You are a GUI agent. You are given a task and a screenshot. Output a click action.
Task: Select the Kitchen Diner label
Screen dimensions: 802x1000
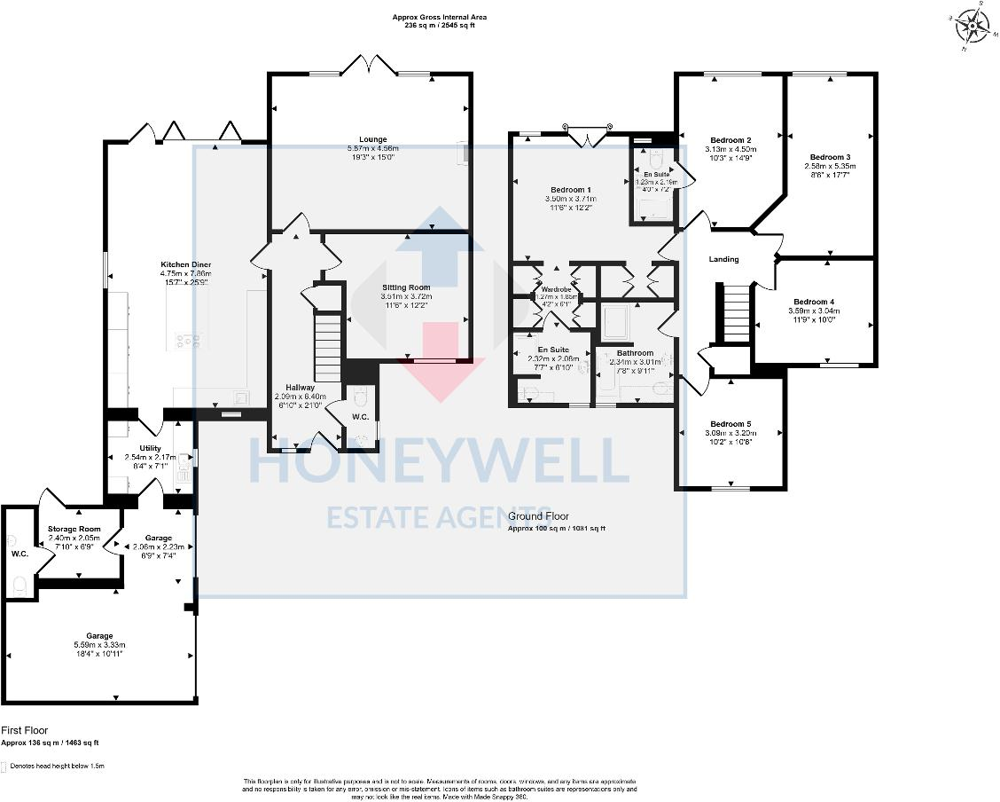(x=185, y=264)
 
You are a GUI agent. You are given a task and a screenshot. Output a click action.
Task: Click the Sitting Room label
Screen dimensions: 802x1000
(x=406, y=287)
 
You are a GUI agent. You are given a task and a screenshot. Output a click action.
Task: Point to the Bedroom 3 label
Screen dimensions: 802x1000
(x=830, y=156)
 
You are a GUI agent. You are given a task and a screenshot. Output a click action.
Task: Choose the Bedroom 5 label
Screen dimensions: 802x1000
(x=730, y=423)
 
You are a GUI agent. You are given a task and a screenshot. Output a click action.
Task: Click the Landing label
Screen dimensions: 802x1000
(x=724, y=259)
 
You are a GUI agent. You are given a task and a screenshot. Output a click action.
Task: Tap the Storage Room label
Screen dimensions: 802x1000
(x=74, y=529)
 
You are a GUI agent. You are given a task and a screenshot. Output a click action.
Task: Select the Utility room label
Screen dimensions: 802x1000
(x=150, y=448)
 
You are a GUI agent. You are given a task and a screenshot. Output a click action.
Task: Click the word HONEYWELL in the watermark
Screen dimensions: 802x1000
(x=438, y=460)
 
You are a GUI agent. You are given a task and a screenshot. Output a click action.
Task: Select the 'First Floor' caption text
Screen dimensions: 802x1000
(x=25, y=730)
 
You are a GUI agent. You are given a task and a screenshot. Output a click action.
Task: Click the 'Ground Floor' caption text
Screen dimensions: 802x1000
(x=537, y=516)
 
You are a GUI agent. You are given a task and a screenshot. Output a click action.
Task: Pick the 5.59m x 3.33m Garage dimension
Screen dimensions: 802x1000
(x=100, y=645)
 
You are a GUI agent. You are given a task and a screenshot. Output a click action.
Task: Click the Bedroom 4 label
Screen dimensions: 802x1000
(x=814, y=301)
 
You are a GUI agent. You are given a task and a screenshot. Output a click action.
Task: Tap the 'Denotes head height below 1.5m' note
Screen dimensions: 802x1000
(x=57, y=766)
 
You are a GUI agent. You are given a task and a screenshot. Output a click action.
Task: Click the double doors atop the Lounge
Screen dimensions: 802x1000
(x=369, y=65)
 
